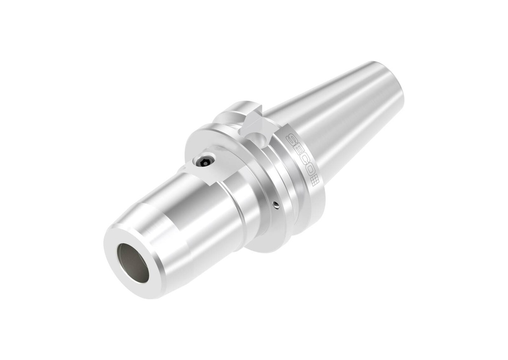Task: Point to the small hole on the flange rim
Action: pos(276,204)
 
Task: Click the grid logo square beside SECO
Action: pos(315,181)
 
